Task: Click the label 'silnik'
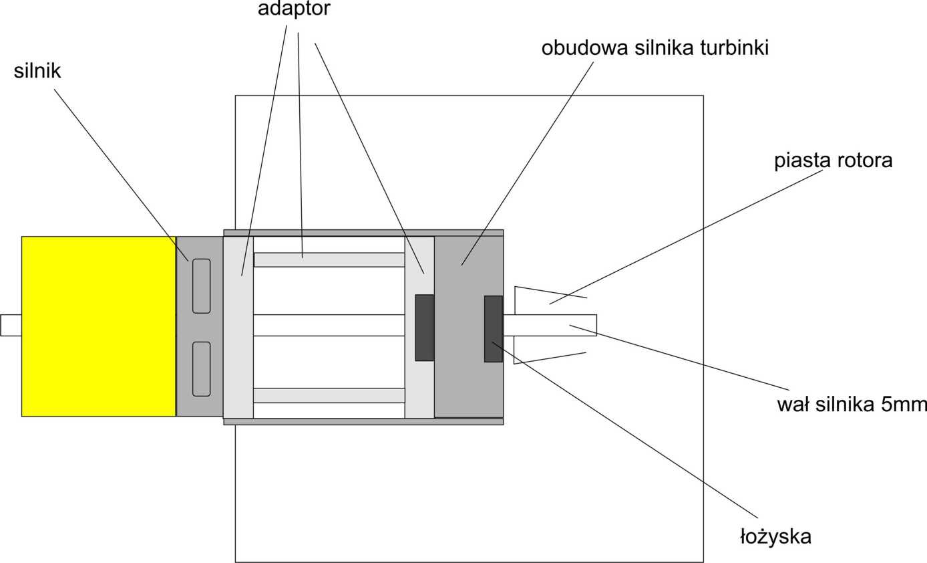click(x=37, y=72)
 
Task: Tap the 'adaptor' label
click(x=294, y=9)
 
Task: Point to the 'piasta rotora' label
click(x=833, y=161)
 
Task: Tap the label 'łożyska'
click(x=775, y=536)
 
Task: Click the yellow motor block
click(x=98, y=326)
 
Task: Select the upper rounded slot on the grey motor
click(x=201, y=286)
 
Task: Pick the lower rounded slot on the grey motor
click(x=201, y=368)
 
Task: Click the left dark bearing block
click(x=424, y=328)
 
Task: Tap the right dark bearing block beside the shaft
click(x=493, y=328)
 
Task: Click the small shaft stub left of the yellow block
click(x=11, y=325)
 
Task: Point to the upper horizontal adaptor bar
click(x=329, y=259)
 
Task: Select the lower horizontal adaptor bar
click(x=329, y=395)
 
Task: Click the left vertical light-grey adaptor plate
click(x=238, y=327)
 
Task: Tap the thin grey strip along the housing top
click(x=363, y=233)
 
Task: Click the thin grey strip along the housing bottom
click(x=363, y=422)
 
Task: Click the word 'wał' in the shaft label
click(x=791, y=405)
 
